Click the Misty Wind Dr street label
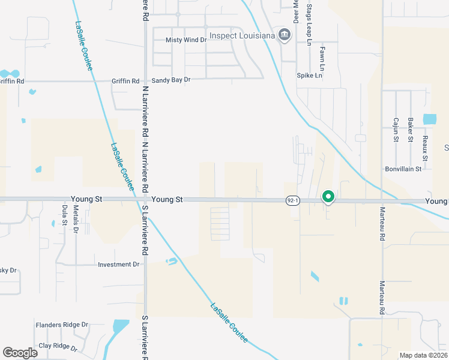click(x=186, y=40)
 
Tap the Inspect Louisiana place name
click(x=243, y=35)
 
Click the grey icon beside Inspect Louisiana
click(x=285, y=34)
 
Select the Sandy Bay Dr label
click(x=170, y=80)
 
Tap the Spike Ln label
click(x=310, y=76)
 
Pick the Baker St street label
click(x=411, y=130)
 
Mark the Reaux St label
click(x=424, y=147)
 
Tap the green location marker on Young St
click(x=328, y=196)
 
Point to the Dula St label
click(x=64, y=215)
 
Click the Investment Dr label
click(x=118, y=264)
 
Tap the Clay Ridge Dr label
click(x=58, y=346)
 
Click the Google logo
click(x=20, y=353)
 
